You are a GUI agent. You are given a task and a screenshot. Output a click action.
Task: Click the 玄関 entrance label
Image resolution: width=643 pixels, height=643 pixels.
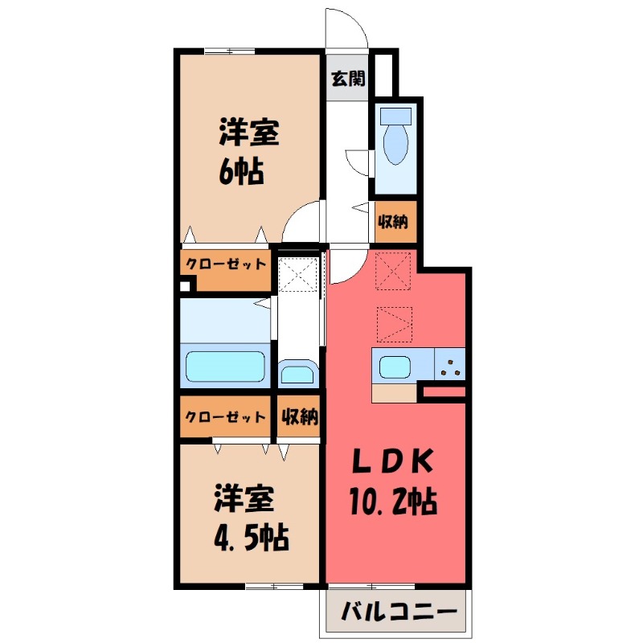tap(349, 79)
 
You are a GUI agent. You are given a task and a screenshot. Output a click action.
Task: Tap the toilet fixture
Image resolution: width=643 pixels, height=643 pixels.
tap(396, 137)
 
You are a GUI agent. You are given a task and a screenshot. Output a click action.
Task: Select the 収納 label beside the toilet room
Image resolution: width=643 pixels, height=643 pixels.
tap(395, 220)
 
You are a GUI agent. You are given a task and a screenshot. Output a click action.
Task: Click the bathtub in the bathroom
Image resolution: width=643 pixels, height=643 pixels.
tap(227, 367)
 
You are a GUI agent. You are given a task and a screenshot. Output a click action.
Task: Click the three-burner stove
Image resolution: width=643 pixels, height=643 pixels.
tap(449, 367)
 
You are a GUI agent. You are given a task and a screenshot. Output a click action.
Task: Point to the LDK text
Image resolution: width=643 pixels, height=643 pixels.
tap(395, 463)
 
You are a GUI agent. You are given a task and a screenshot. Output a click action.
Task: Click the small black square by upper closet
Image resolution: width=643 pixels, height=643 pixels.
tap(186, 285)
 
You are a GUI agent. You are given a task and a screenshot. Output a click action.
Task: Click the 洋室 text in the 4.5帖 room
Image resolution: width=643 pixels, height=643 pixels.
tap(244, 498)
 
